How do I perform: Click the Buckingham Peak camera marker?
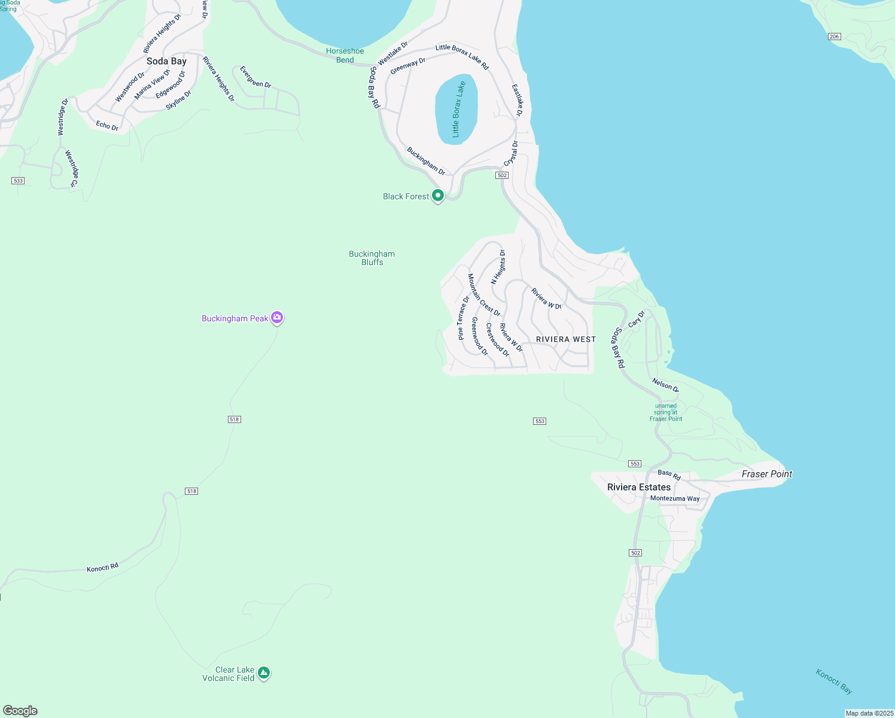(x=276, y=318)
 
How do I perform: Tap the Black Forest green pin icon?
(x=438, y=196)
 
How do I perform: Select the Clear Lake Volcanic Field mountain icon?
(x=264, y=673)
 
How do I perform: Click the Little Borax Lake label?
(x=458, y=109)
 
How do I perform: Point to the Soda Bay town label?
(x=166, y=61)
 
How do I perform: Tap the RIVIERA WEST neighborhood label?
(x=565, y=339)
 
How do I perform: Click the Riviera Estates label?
(x=638, y=487)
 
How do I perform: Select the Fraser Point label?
(x=766, y=474)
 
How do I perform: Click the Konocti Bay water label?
(x=833, y=681)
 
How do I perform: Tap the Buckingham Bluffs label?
(x=372, y=258)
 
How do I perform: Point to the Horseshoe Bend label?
(x=345, y=56)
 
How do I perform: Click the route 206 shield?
(x=835, y=36)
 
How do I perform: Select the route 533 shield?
(x=18, y=180)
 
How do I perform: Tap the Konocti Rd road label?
(x=102, y=567)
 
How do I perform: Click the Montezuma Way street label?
(x=674, y=498)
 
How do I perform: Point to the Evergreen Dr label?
(x=255, y=77)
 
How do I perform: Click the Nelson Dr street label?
(x=665, y=385)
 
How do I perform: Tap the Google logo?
(x=20, y=710)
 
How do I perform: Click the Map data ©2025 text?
(x=869, y=713)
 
